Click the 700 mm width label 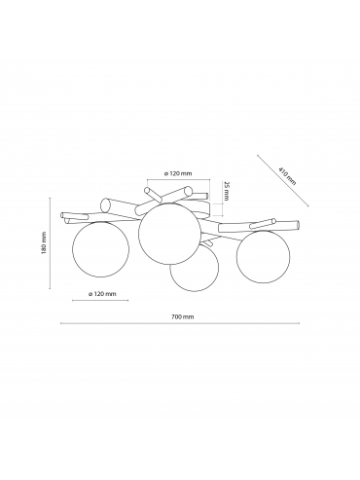click(x=182, y=316)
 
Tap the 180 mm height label click(x=44, y=242)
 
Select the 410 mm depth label click(x=287, y=175)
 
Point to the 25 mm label click(x=227, y=192)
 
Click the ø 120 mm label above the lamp click(x=178, y=173)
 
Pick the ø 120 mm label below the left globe click(x=102, y=294)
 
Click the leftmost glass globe click(x=100, y=249)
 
